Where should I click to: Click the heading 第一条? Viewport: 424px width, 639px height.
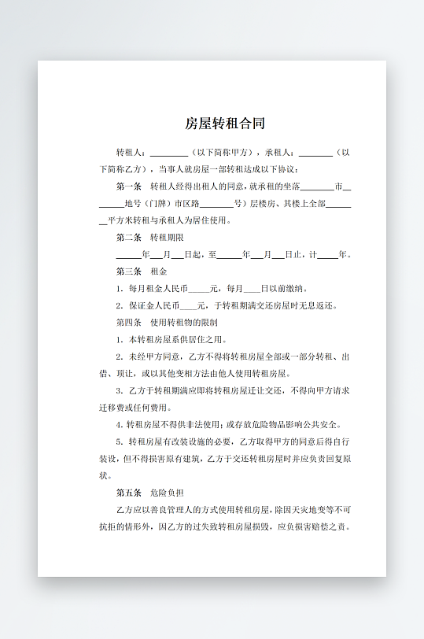[128, 187]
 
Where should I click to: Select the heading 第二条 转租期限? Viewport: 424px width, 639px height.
[149, 238]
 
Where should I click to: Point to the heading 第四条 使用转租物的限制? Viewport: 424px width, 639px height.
[166, 323]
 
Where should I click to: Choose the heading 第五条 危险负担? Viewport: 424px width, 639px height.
[149, 493]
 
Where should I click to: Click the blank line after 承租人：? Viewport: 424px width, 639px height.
[315, 153]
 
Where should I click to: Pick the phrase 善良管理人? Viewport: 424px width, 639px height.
[169, 511]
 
